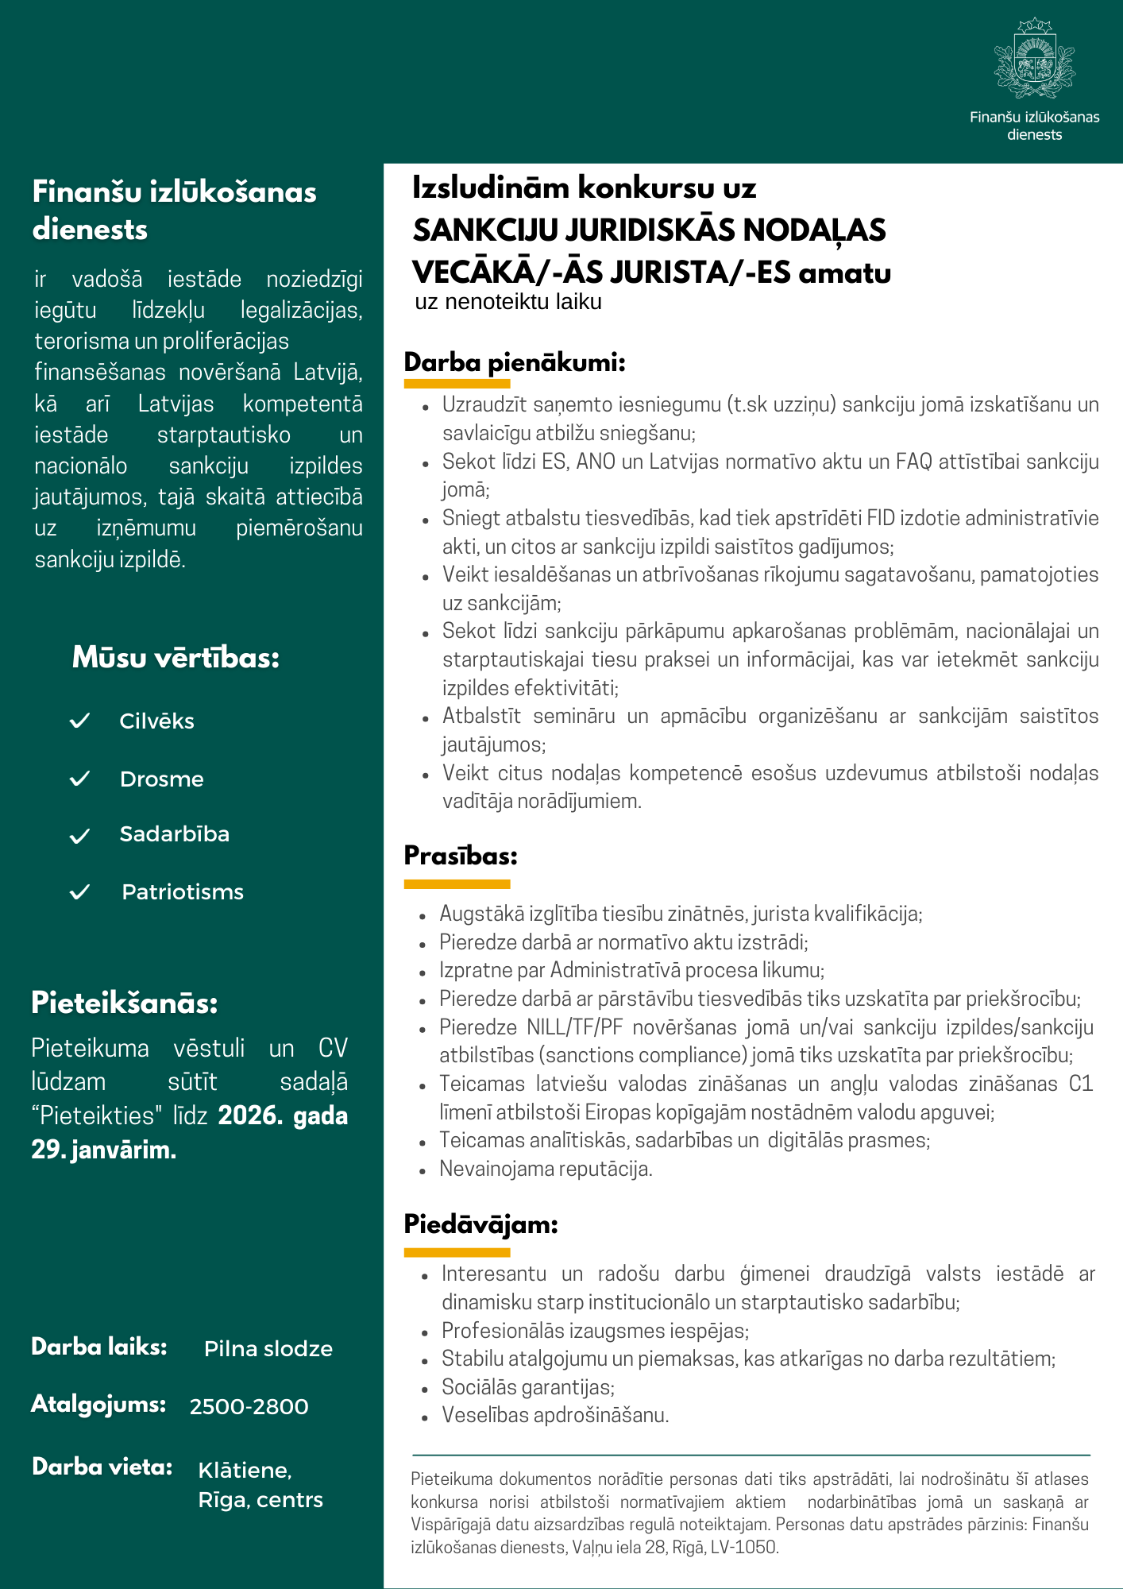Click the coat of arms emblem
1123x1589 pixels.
click(1034, 59)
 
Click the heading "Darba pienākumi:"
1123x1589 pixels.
click(515, 363)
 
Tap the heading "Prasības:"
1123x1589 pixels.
click(461, 856)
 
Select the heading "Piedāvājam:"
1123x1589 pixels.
click(480, 1224)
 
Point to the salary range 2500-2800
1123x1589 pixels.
click(249, 1406)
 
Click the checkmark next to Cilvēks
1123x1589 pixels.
click(80, 721)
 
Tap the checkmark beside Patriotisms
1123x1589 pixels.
click(80, 892)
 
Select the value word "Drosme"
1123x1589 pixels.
click(161, 779)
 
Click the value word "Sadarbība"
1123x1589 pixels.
click(174, 834)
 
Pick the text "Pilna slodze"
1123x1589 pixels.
click(268, 1348)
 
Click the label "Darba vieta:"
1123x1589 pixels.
click(102, 1467)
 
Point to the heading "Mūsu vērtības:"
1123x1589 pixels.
click(176, 658)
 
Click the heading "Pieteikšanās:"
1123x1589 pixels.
click(125, 1003)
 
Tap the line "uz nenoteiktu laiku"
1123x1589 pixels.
click(508, 302)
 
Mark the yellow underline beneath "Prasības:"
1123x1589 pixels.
click(457, 883)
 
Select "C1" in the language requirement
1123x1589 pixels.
click(1081, 1084)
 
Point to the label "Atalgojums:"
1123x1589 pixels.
click(98, 1405)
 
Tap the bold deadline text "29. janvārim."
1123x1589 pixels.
click(103, 1150)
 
